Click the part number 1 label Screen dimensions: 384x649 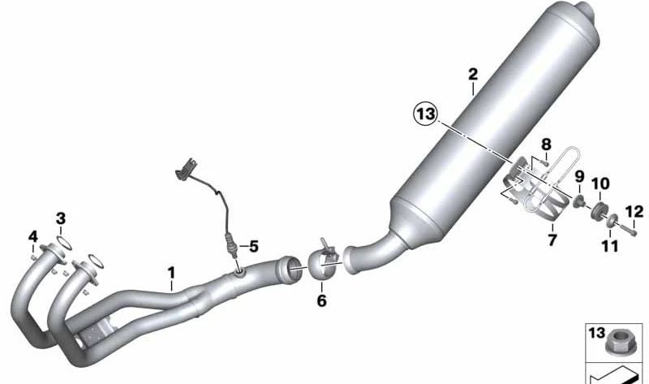coord(171,271)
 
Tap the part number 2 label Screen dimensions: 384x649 coord(473,74)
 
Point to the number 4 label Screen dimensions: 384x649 coord(33,236)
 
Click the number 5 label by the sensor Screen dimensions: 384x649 coord(253,245)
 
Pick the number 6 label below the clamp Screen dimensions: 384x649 coord(321,301)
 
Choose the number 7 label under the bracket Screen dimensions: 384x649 coord(553,241)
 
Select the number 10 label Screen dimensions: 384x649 coord(600,183)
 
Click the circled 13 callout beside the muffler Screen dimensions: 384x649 coord(424,114)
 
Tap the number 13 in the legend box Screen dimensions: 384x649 coord(595,332)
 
